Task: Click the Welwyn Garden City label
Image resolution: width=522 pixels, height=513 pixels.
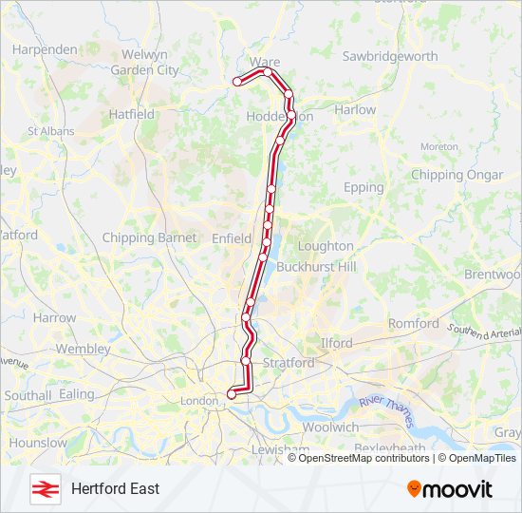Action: [144, 63]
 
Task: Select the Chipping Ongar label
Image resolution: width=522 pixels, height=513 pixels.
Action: [457, 175]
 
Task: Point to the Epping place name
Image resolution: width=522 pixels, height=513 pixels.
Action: [364, 187]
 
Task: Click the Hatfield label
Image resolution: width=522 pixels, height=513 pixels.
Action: [132, 114]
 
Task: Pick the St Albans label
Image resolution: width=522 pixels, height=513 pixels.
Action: [45, 131]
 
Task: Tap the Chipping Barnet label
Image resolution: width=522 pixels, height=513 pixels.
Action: [149, 237]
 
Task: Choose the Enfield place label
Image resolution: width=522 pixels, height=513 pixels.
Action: [233, 237]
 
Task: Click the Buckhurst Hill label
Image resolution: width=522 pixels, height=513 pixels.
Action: [316, 267]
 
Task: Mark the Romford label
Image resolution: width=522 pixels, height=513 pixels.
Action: [414, 323]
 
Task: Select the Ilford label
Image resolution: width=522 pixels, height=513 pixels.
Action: [336, 343]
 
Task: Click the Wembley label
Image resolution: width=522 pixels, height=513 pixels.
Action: [84, 349]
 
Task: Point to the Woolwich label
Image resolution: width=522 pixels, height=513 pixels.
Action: [332, 427]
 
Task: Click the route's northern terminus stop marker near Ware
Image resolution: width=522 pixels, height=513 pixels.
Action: [237, 82]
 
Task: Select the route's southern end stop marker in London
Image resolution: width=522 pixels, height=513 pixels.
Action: [232, 393]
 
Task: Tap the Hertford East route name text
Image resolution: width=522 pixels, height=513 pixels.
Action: [115, 488]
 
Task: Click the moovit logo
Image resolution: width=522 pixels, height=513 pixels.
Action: [450, 488]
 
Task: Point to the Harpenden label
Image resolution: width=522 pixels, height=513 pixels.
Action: [45, 48]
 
